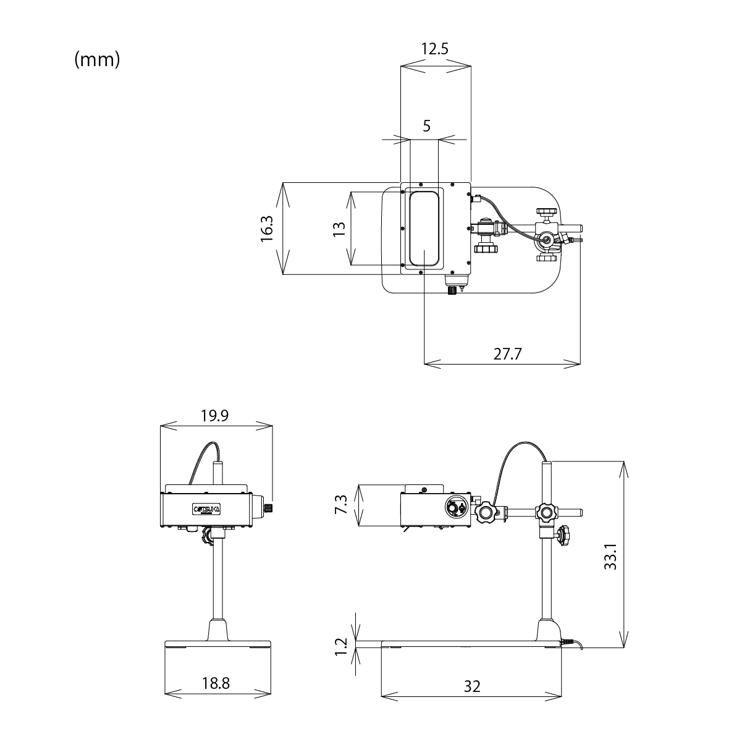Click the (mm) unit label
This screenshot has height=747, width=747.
coord(97,60)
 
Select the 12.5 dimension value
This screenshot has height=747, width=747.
coord(434,49)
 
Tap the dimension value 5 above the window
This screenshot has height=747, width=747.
coord(426,126)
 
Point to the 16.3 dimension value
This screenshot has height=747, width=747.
coord(267,229)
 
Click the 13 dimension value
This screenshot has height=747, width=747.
coord(339,229)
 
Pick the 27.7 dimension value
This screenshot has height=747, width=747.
coord(507,354)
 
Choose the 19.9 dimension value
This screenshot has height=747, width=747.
coord(215,416)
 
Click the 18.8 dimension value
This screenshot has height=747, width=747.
coord(216,683)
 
